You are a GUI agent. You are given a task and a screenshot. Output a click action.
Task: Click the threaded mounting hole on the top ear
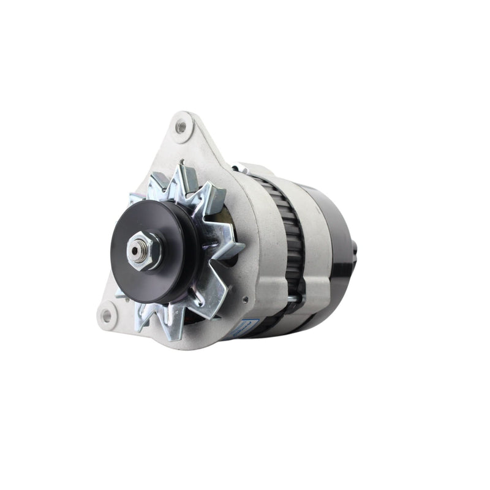181,127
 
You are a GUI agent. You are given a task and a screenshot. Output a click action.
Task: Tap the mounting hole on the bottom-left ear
107,315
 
